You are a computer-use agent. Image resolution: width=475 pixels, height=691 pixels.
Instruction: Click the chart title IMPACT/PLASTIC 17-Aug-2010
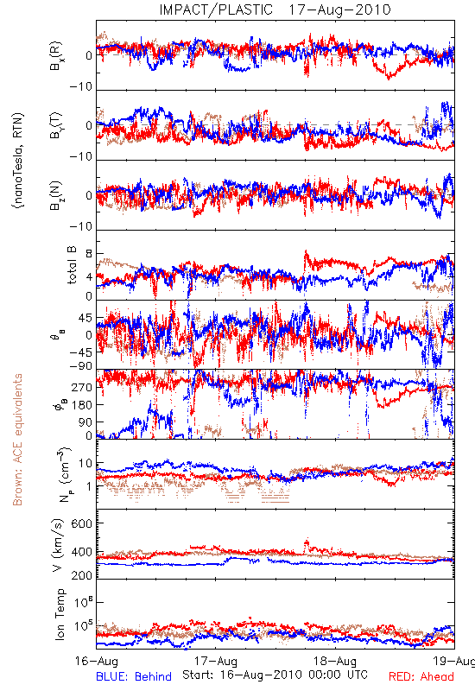[x=275, y=10]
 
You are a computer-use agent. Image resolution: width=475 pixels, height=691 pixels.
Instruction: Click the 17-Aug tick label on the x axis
[x=216, y=661]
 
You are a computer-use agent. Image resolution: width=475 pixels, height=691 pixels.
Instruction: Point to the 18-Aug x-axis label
[x=335, y=661]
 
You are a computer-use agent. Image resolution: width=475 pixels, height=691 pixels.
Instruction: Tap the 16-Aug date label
[x=97, y=661]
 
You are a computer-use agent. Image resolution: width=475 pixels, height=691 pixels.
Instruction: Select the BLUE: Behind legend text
[x=134, y=676]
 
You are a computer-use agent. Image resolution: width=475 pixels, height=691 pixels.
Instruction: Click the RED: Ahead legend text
[x=421, y=676]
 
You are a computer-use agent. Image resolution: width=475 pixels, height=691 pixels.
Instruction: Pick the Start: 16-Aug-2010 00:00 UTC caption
[x=275, y=675]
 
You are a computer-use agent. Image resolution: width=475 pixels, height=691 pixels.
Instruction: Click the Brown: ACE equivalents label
[x=17, y=440]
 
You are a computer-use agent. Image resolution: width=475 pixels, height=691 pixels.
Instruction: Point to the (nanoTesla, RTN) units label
[x=18, y=160]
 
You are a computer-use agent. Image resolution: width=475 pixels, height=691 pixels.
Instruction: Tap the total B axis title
[x=72, y=265]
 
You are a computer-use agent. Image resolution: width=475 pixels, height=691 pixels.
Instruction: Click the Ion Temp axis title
[x=60, y=614]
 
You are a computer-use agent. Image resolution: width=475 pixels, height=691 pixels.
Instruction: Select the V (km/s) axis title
[x=58, y=545]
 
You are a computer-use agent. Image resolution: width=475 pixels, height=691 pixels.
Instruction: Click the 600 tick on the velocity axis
[x=82, y=523]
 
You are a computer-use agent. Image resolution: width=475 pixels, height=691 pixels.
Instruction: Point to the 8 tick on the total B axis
[x=89, y=254]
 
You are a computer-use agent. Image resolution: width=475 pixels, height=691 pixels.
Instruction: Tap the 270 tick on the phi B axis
[x=82, y=387]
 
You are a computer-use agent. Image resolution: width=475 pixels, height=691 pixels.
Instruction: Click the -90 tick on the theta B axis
[x=81, y=366]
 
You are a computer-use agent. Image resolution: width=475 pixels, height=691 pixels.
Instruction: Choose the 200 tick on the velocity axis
[x=82, y=575]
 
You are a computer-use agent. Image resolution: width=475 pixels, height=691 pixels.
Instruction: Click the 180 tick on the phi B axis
[x=82, y=404]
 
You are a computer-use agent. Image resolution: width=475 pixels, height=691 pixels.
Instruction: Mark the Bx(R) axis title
[x=56, y=56]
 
